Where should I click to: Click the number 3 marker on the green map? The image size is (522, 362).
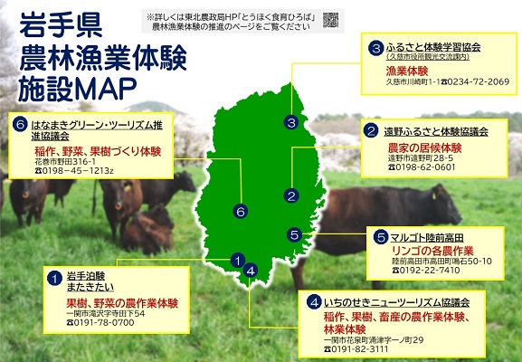[290, 123]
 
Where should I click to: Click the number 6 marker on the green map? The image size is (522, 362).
[240, 212]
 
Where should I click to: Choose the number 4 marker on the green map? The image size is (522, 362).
[250, 269]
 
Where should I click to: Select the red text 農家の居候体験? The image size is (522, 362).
[406, 147]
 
